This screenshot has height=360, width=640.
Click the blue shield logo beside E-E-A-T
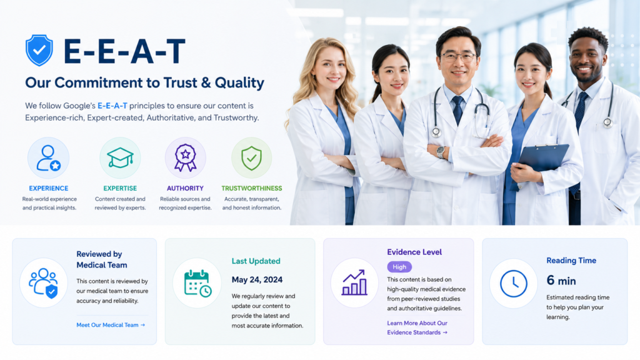pyautogui.click(x=39, y=50)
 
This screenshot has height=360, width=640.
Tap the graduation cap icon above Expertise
pyautogui.click(x=120, y=157)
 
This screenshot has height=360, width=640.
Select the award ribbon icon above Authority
pyautogui.click(x=185, y=157)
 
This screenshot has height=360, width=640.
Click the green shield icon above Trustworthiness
pyautogui.click(x=251, y=158)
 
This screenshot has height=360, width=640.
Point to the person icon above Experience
pyautogui.click(x=48, y=158)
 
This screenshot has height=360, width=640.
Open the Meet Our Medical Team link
pyautogui.click(x=111, y=325)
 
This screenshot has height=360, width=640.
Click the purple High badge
pyautogui.click(x=399, y=267)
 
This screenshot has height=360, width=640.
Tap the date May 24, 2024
pyautogui.click(x=257, y=279)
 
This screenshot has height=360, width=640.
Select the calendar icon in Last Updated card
pyautogui.click(x=197, y=283)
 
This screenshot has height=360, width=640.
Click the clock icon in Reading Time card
pyautogui.click(x=514, y=283)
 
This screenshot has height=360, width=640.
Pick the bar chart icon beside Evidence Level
pyautogui.click(x=354, y=282)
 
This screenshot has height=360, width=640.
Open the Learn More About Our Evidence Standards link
pyautogui.click(x=417, y=327)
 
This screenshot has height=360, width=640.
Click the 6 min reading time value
pyautogui.click(x=561, y=281)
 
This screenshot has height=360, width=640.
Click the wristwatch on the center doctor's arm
pyautogui.click(x=441, y=152)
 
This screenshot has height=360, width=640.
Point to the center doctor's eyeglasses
pyautogui.click(x=458, y=57)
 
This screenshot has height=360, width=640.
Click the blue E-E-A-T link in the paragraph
pyautogui.click(x=112, y=106)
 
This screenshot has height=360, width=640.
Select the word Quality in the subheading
pyautogui.click(x=239, y=83)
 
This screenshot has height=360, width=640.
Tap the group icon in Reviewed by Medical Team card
pyautogui.click(x=43, y=283)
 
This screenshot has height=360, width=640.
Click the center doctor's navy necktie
pyautogui.click(x=457, y=109)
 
